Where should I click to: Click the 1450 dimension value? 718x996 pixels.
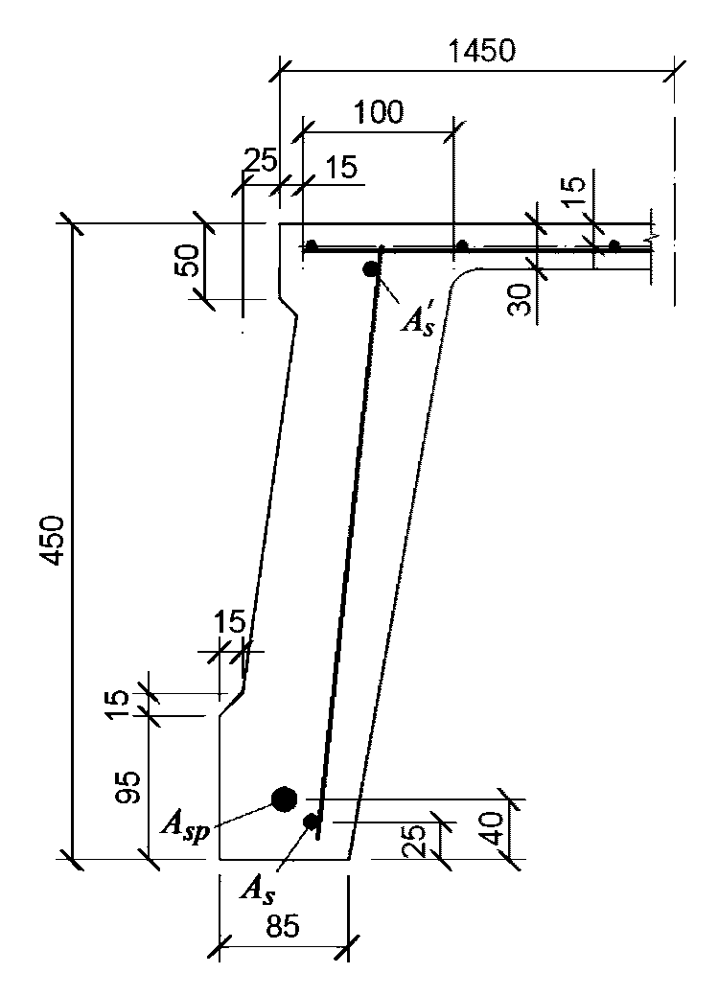(481, 51)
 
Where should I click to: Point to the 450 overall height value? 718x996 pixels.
(52, 540)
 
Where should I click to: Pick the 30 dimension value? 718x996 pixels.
(520, 300)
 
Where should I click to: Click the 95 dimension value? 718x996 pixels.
(130, 788)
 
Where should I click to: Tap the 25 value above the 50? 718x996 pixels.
(261, 159)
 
